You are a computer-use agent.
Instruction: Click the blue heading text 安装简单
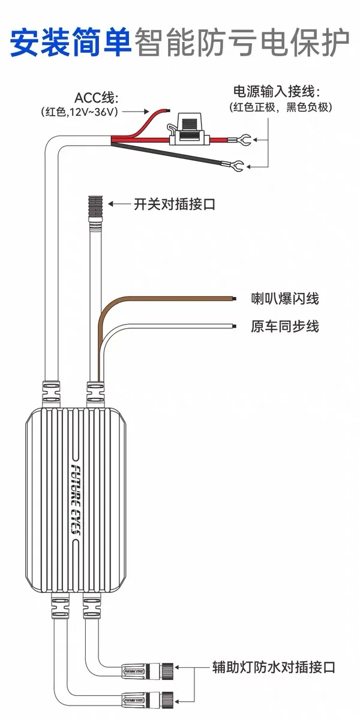(x=71, y=43)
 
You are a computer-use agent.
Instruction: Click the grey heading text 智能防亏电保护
(x=242, y=43)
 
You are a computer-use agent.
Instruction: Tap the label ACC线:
(x=96, y=98)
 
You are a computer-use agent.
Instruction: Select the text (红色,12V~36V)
(x=79, y=112)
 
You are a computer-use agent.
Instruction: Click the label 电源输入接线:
(x=277, y=92)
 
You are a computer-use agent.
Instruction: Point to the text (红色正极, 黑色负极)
(x=280, y=107)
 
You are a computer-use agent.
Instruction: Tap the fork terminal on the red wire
(x=240, y=139)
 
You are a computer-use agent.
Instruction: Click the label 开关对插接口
(x=175, y=204)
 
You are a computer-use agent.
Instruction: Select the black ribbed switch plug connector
(x=96, y=206)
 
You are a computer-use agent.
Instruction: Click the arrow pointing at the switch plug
(x=119, y=204)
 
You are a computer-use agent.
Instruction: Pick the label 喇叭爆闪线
(x=285, y=299)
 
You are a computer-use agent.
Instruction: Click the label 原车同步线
(x=285, y=326)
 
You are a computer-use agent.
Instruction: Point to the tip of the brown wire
(x=236, y=299)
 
